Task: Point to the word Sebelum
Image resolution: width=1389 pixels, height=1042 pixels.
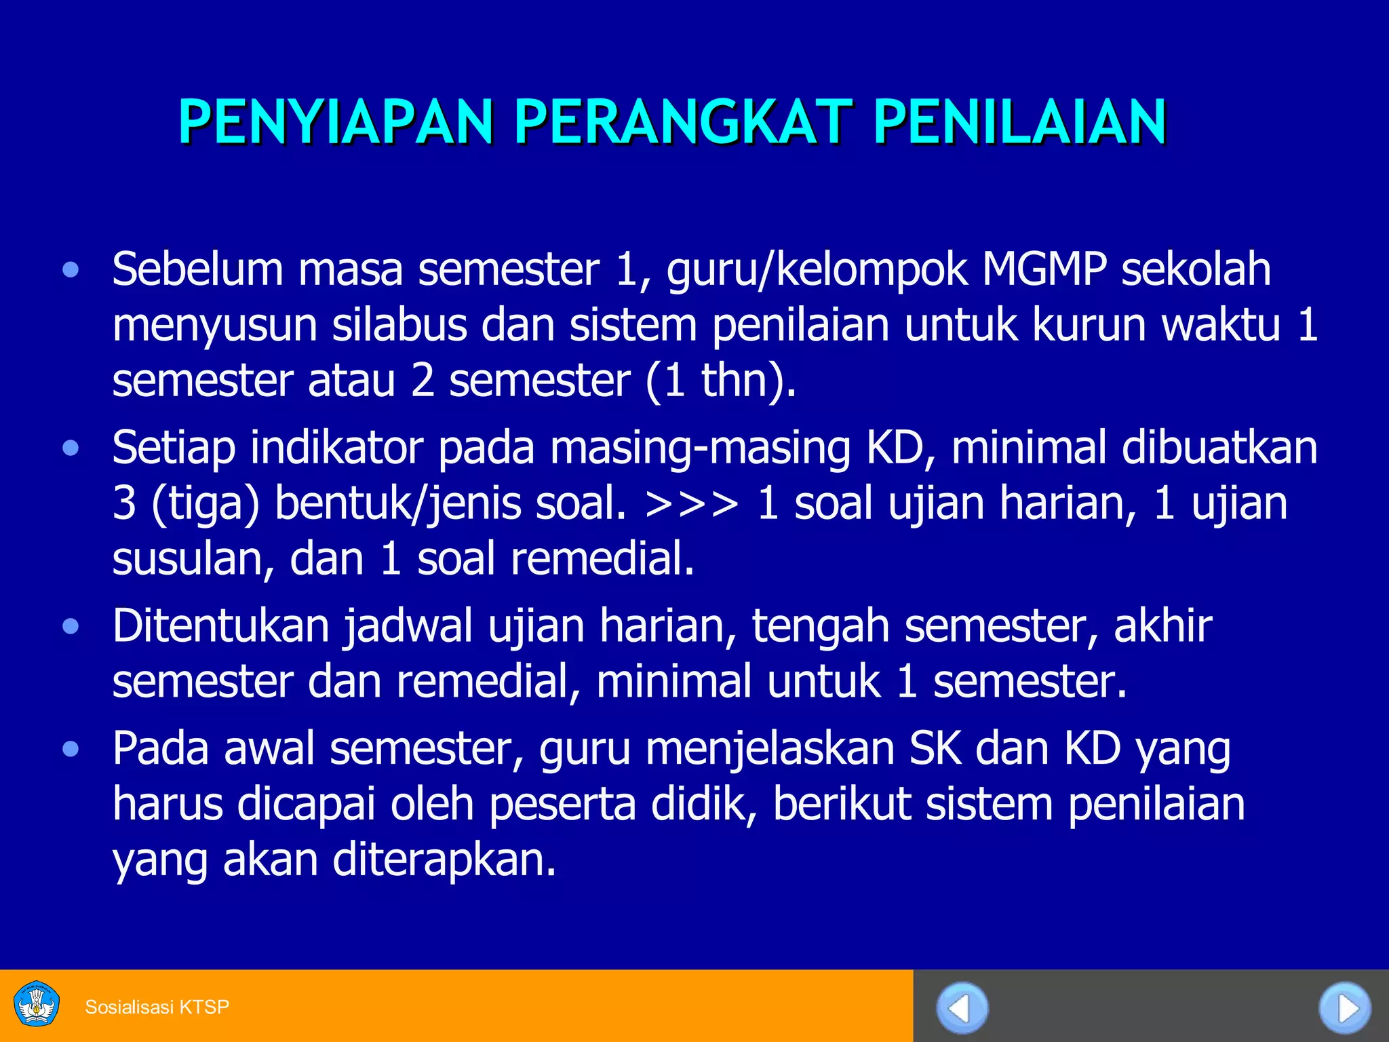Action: click(197, 269)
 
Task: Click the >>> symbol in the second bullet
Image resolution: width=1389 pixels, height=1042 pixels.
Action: click(692, 504)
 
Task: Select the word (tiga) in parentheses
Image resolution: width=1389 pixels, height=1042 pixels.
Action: click(206, 504)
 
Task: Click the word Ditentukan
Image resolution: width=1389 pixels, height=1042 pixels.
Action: click(221, 625)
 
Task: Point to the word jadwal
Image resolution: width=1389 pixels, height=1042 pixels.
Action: click(408, 627)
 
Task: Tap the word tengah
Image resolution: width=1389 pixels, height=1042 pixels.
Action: click(821, 627)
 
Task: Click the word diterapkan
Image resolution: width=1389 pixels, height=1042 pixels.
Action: click(444, 860)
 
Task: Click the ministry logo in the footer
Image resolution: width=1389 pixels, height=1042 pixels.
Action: click(37, 1005)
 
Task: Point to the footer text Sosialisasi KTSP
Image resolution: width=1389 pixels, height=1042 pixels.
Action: click(157, 1007)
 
